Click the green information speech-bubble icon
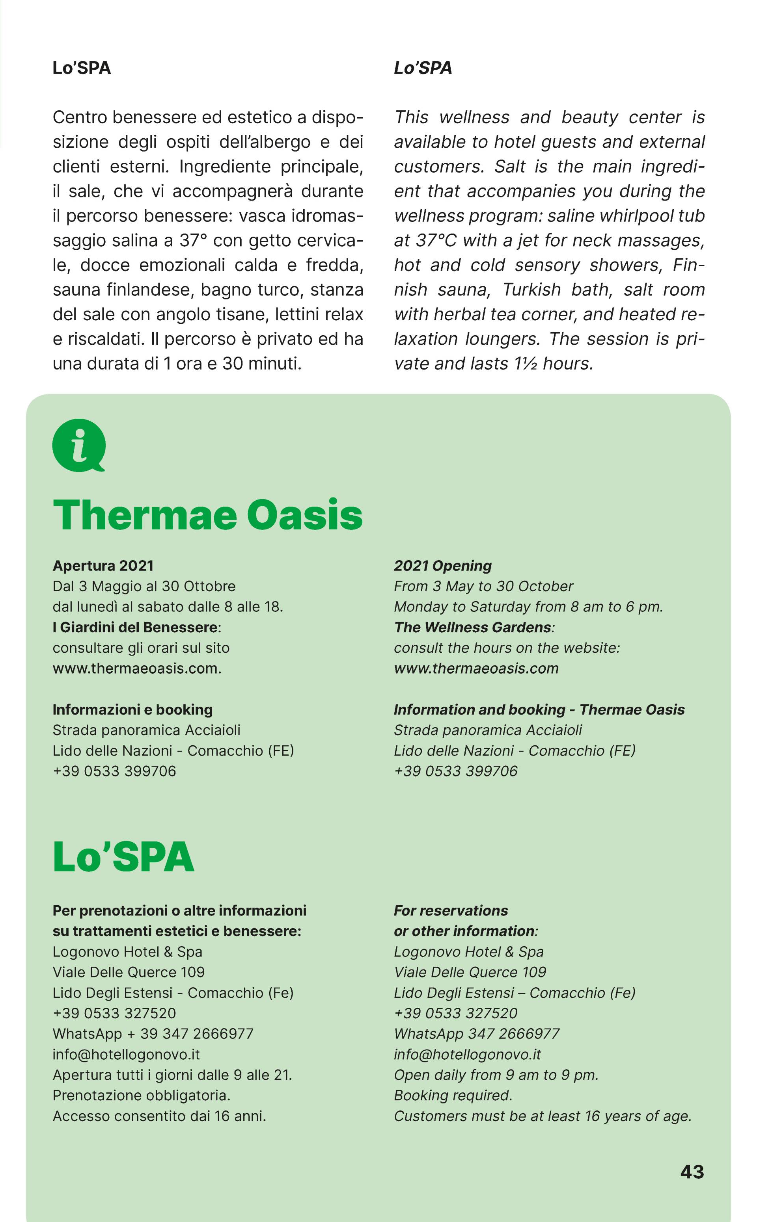click(x=78, y=444)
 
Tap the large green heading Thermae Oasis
click(x=207, y=515)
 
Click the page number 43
click(x=692, y=1172)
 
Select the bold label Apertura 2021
click(x=103, y=566)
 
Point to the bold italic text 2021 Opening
click(x=443, y=566)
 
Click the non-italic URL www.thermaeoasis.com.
click(x=137, y=668)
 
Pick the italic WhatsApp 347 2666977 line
click(x=476, y=1033)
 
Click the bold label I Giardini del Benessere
click(x=136, y=627)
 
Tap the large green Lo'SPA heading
click(x=123, y=857)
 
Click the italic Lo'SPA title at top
click(x=423, y=68)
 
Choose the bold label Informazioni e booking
click(x=133, y=709)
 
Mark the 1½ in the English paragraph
click(x=526, y=364)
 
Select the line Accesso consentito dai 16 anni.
click(x=159, y=1116)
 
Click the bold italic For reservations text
click(x=451, y=910)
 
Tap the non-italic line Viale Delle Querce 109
click(x=129, y=972)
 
